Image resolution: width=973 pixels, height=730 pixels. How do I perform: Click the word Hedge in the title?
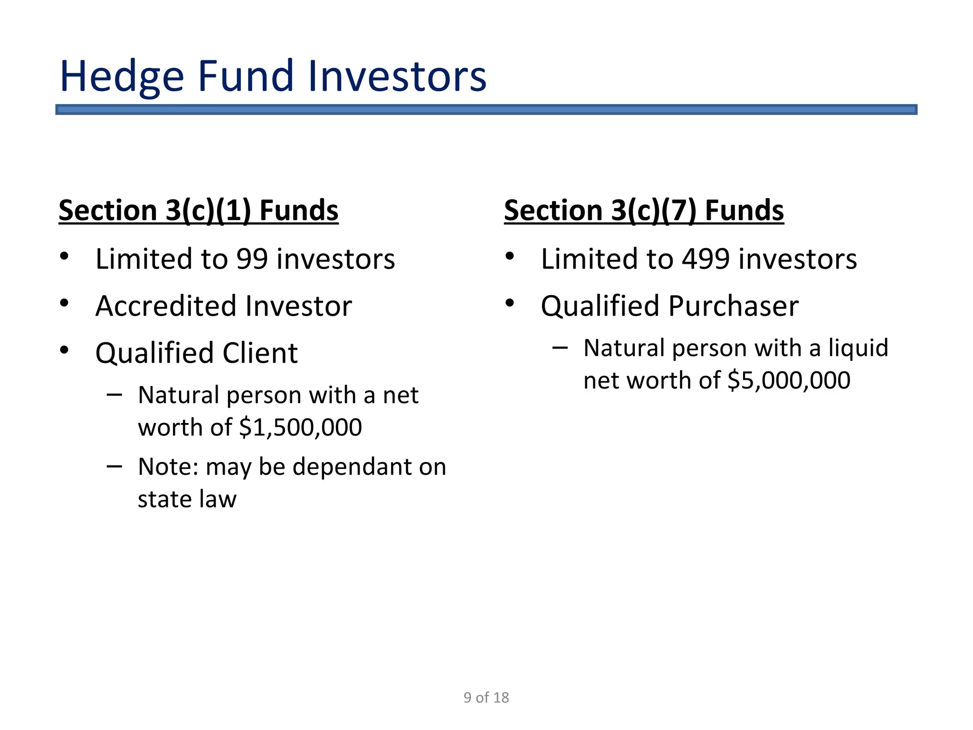[x=122, y=77]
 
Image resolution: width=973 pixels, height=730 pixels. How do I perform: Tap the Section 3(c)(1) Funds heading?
[x=198, y=210]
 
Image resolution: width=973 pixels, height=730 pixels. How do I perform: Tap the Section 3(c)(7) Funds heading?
[x=644, y=210]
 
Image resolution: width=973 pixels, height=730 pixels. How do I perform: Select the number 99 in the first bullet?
[x=252, y=259]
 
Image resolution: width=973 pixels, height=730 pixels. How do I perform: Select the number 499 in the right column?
[x=706, y=259]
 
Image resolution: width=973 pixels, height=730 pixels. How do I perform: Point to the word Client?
[x=260, y=353]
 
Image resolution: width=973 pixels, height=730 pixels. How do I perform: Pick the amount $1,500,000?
[x=300, y=427]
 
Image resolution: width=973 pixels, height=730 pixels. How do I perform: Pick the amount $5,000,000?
[x=789, y=380]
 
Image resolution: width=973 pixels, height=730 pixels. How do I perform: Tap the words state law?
[x=187, y=499]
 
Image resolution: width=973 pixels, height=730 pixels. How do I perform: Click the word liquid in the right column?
[x=858, y=348]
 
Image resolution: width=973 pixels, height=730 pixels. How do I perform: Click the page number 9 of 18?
[x=486, y=697]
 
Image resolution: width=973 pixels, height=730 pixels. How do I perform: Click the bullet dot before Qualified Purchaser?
[x=510, y=303]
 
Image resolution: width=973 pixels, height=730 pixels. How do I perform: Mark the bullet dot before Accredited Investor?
[x=64, y=303]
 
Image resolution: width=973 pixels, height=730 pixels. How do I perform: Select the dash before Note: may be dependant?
[x=114, y=466]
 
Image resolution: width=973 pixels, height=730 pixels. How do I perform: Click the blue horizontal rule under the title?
[x=486, y=110]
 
